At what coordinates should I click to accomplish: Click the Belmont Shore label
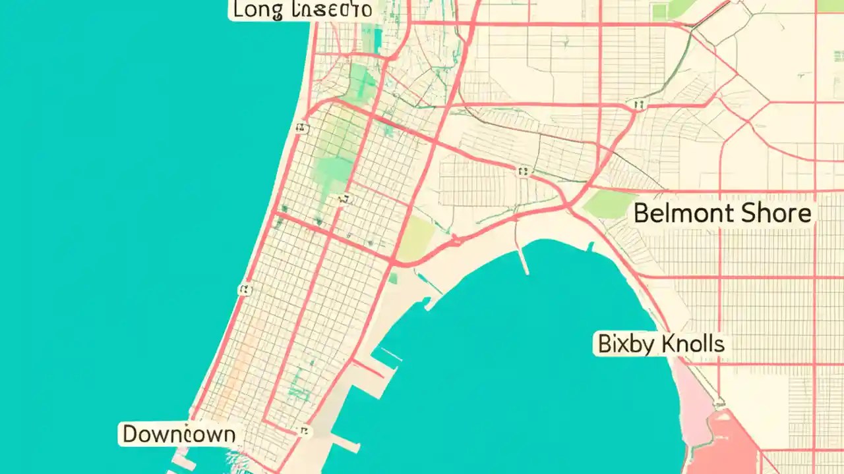722,213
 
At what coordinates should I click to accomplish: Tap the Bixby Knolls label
661,344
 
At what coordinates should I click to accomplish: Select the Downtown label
179,434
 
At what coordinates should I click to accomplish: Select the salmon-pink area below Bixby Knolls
725,441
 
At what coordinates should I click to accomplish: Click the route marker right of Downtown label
303,431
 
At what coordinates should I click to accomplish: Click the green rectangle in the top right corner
829,5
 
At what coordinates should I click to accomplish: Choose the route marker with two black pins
638,104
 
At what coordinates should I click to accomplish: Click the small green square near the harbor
393,278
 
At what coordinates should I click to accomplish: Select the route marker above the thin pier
524,172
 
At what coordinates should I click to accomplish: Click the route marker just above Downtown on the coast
245,289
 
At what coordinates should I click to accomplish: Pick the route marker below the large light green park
342,199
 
